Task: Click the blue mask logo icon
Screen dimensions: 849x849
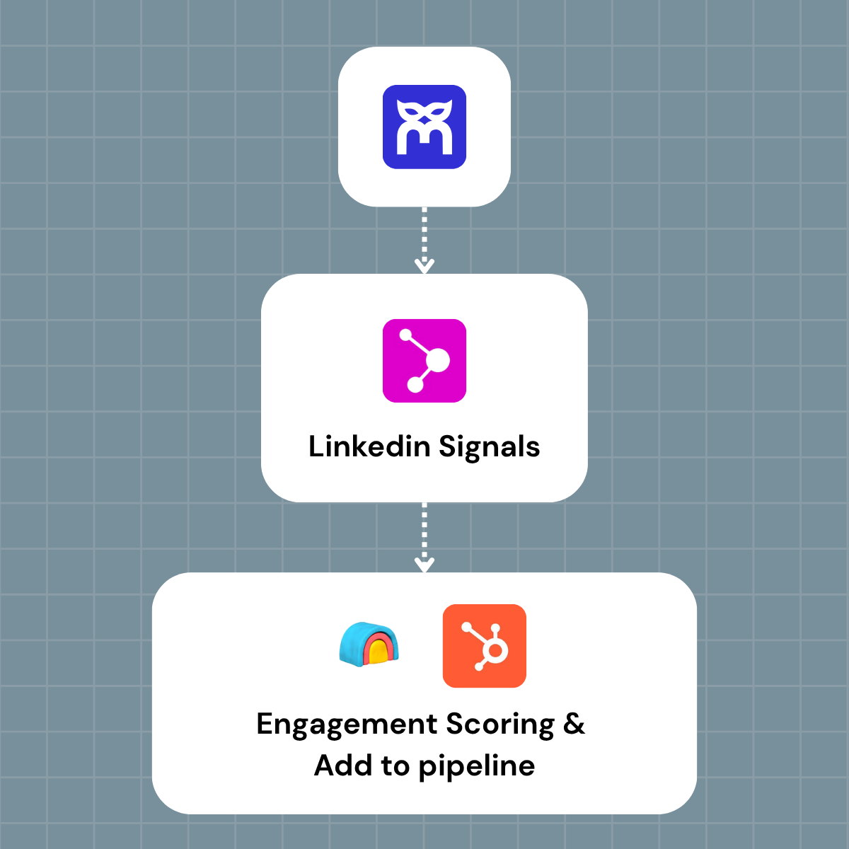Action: pos(424,127)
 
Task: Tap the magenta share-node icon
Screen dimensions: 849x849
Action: pos(424,361)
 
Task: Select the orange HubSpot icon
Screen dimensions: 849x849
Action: pos(485,645)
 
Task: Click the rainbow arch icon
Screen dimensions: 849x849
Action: pos(369,644)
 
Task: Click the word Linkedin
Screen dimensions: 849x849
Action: pos(369,447)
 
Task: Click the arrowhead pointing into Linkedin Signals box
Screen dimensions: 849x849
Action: pos(424,266)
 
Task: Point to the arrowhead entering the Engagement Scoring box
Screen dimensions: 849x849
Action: pos(424,565)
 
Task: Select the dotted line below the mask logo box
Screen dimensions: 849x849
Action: pos(424,233)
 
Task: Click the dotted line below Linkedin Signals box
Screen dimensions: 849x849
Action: pos(424,531)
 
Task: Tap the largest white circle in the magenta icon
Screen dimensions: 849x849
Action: pos(437,360)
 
